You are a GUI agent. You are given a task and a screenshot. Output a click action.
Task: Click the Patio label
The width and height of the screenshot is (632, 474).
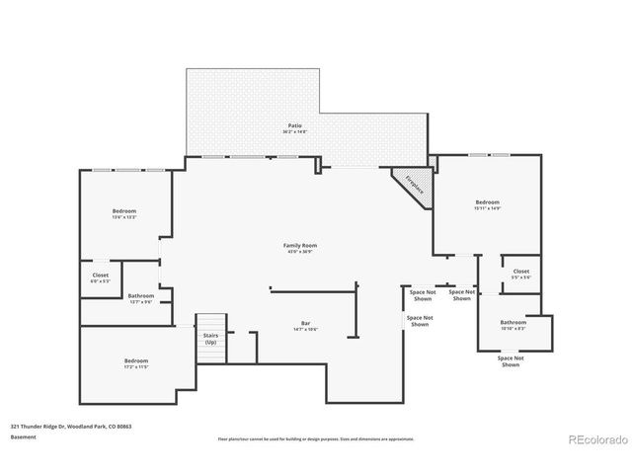(294, 125)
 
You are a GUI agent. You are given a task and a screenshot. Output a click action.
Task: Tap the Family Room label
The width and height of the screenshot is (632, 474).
(300, 245)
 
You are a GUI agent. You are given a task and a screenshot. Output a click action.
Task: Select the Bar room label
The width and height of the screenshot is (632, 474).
(305, 324)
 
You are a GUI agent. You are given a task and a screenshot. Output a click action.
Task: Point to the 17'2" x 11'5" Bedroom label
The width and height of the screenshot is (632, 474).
(136, 360)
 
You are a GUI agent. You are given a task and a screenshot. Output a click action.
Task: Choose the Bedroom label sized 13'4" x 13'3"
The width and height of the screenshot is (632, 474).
(123, 210)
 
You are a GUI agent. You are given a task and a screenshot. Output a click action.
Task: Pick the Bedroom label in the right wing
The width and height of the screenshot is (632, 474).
(487, 202)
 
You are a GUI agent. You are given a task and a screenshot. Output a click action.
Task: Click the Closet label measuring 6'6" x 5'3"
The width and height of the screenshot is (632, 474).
(101, 276)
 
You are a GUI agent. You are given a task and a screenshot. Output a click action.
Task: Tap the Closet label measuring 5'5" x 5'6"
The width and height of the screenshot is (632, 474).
(520, 271)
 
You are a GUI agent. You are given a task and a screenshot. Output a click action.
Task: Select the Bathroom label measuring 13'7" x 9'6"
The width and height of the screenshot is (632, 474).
(140, 295)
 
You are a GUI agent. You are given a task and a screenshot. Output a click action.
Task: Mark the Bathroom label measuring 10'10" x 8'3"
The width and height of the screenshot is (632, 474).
(513, 322)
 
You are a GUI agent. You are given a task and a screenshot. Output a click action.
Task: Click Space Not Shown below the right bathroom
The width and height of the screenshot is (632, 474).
(510, 360)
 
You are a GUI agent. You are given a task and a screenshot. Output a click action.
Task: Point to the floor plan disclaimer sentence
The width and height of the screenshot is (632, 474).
(315, 438)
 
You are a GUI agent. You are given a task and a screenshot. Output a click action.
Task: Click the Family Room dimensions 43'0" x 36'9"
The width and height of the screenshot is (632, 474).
(300, 252)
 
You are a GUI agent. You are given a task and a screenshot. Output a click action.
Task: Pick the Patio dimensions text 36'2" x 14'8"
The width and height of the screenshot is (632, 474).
(294, 131)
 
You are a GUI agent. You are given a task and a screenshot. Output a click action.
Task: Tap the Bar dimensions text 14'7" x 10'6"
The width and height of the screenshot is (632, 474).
(305, 330)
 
